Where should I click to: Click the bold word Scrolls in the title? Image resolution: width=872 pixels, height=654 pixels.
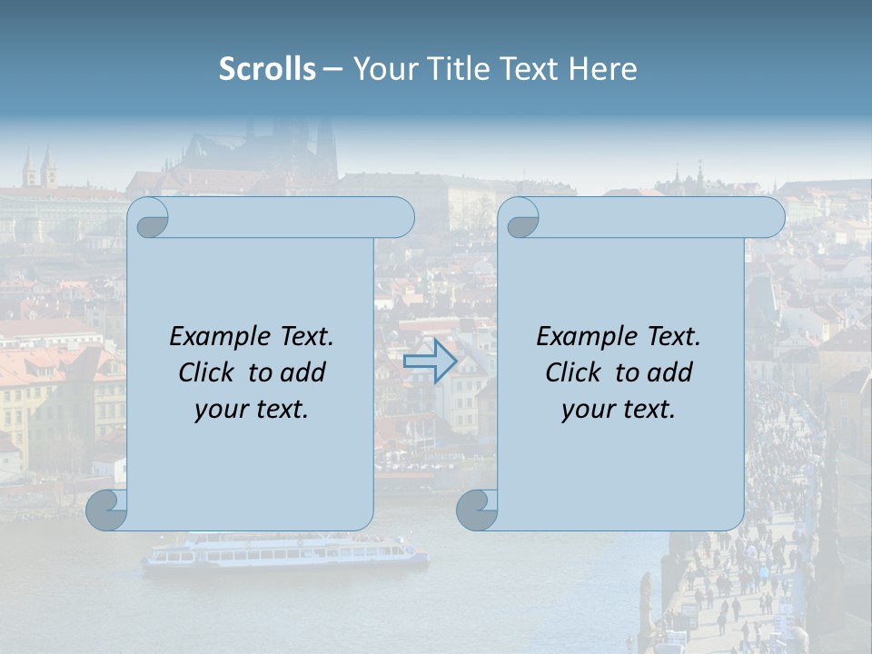267,68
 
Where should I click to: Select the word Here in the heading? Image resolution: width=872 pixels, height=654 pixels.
603,68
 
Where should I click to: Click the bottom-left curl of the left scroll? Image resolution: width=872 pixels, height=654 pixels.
107,510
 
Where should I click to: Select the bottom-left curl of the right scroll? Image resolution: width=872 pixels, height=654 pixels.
477,510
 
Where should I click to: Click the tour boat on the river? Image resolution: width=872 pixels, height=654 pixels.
285,551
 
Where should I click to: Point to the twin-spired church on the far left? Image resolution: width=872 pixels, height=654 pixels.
40,170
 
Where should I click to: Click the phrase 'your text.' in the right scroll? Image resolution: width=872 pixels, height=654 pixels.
619,409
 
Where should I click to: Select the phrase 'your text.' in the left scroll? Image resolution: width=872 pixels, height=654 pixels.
252,409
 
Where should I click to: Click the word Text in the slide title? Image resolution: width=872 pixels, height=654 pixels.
532,68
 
